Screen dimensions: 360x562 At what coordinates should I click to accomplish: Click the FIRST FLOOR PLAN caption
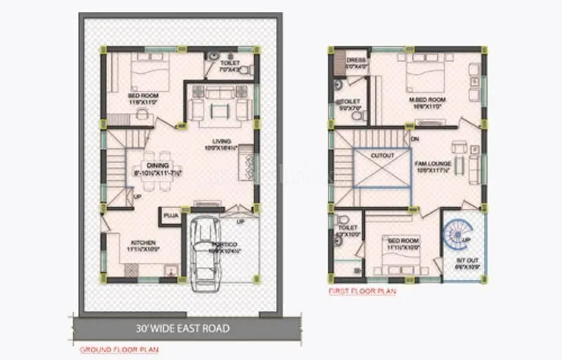(362, 290)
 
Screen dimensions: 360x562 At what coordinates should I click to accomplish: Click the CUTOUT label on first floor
(382, 155)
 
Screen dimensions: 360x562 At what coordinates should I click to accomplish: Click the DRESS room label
(356, 60)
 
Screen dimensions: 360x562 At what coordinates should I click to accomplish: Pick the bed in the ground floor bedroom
(148, 72)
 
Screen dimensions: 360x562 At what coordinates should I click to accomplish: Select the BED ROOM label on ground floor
(143, 95)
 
